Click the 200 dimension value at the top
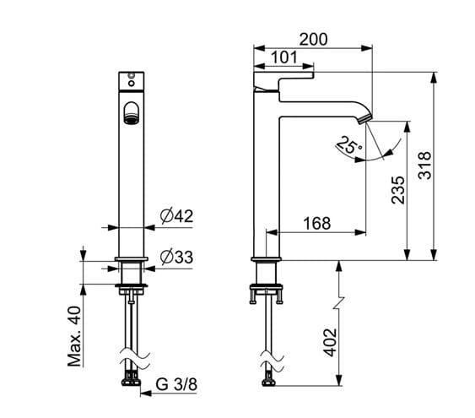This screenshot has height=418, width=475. tap(314, 40)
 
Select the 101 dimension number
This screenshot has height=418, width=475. tap(284, 57)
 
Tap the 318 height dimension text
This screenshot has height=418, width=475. tap(424, 166)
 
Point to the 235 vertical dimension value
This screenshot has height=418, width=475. tap(398, 190)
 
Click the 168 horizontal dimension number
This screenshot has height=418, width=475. tap(317, 224)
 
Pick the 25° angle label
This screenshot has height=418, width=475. tap(349, 145)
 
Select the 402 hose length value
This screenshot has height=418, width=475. tap(330, 343)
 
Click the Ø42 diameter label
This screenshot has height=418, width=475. tap(176, 216)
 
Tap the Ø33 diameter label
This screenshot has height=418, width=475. tap(176, 258)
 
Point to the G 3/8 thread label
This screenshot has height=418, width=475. tap(176, 385)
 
